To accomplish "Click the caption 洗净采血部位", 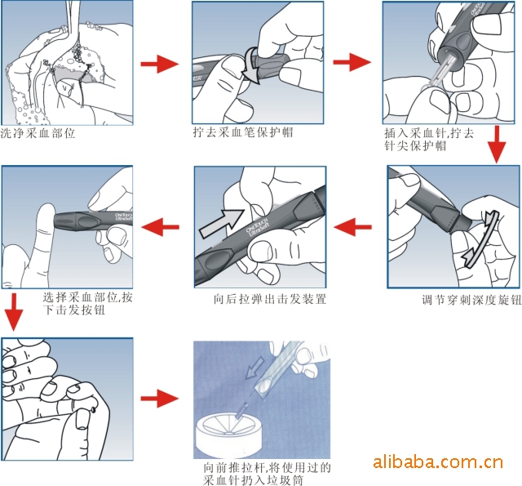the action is click(x=38, y=133).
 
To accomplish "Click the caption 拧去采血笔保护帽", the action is click(x=243, y=132).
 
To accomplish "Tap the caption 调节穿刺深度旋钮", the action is click(x=471, y=300).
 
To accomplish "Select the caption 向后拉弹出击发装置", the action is click(x=270, y=299).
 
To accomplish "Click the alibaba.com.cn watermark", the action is click(x=438, y=462).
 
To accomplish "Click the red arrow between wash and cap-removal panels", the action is click(x=160, y=64).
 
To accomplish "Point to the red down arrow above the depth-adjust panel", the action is click(x=497, y=144).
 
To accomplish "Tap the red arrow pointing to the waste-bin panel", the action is click(x=160, y=398).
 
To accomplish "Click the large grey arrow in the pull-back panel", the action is click(x=221, y=223).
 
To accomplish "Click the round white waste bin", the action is click(x=228, y=434).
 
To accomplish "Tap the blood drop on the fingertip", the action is click(x=94, y=409).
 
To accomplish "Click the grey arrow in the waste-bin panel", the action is click(x=254, y=368).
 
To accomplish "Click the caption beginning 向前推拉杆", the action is click(x=268, y=474).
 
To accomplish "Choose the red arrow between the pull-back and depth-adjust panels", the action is click(x=352, y=227).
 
